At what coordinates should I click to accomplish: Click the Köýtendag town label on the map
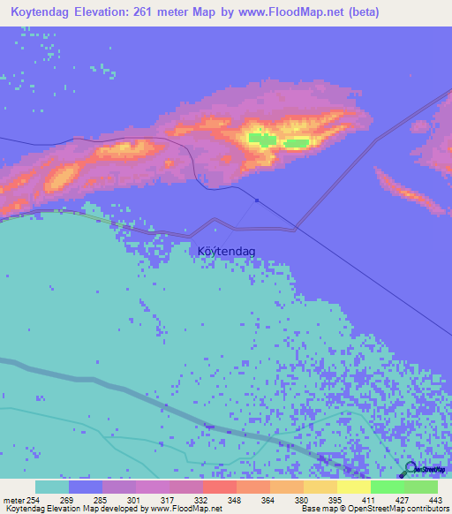(x=227, y=252)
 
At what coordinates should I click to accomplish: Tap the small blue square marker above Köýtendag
(x=257, y=200)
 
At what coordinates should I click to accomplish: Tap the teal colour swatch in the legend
(x=52, y=487)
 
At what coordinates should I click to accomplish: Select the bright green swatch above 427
(x=387, y=487)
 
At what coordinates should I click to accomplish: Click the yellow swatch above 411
(x=353, y=487)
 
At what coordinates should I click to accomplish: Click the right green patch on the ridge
(x=297, y=142)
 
